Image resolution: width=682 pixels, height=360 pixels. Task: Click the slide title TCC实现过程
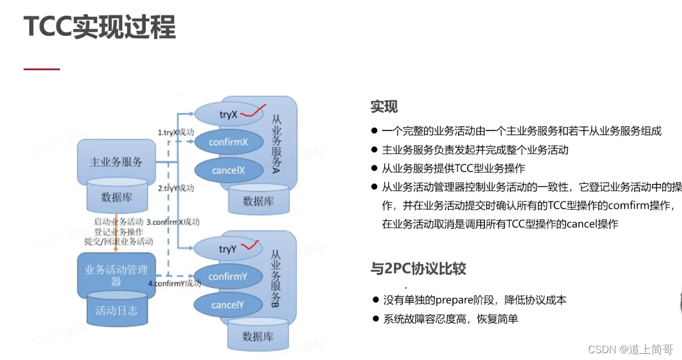[100, 27]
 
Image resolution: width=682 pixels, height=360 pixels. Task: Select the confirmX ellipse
[228, 142]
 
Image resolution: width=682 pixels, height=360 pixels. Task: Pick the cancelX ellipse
[228, 169]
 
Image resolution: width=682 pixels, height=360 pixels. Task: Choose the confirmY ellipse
[228, 277]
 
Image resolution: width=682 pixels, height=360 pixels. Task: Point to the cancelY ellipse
[228, 305]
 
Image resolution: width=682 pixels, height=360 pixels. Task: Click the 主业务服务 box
[116, 162]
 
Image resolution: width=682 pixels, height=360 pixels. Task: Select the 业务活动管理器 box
[116, 275]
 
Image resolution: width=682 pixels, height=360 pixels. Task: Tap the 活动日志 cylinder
[116, 310]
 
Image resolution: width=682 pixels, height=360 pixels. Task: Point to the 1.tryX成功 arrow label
[176, 133]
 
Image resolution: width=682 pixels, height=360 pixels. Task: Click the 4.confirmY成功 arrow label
[174, 283]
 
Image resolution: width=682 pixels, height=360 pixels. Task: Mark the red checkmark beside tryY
[250, 246]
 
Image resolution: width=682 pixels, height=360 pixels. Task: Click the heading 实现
[384, 107]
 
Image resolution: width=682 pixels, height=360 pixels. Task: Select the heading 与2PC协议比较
[418, 269]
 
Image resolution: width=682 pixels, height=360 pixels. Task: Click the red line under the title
[42, 69]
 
